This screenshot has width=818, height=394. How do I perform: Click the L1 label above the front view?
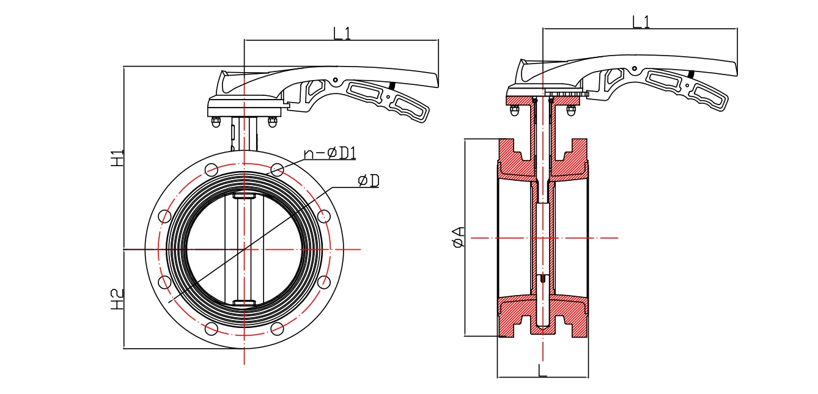pyautogui.click(x=342, y=32)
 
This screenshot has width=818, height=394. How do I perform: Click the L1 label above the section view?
pyautogui.click(x=641, y=22)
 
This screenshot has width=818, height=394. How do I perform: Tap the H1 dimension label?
pyautogui.click(x=117, y=158)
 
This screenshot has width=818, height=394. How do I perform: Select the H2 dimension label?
pyautogui.click(x=117, y=298)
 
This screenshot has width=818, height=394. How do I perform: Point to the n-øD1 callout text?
pyautogui.click(x=330, y=152)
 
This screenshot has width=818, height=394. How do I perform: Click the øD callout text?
pyautogui.click(x=369, y=180)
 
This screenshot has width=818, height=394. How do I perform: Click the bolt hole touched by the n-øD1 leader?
pyautogui.click(x=277, y=169)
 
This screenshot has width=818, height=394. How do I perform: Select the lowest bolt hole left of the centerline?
pyautogui.click(x=212, y=329)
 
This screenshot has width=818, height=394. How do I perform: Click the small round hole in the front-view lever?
pyautogui.click(x=335, y=79)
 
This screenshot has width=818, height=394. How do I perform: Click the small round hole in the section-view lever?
pyautogui.click(x=635, y=68)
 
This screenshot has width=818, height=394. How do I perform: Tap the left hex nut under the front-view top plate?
pyautogui.click(x=216, y=122)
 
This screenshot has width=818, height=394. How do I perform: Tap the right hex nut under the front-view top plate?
pyautogui.click(x=273, y=122)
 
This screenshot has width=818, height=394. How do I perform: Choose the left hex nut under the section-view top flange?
pyautogui.click(x=514, y=111)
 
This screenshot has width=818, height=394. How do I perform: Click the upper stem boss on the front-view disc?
pyautogui.click(x=244, y=196)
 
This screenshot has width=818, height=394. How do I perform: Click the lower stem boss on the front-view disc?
pyautogui.click(x=244, y=303)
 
